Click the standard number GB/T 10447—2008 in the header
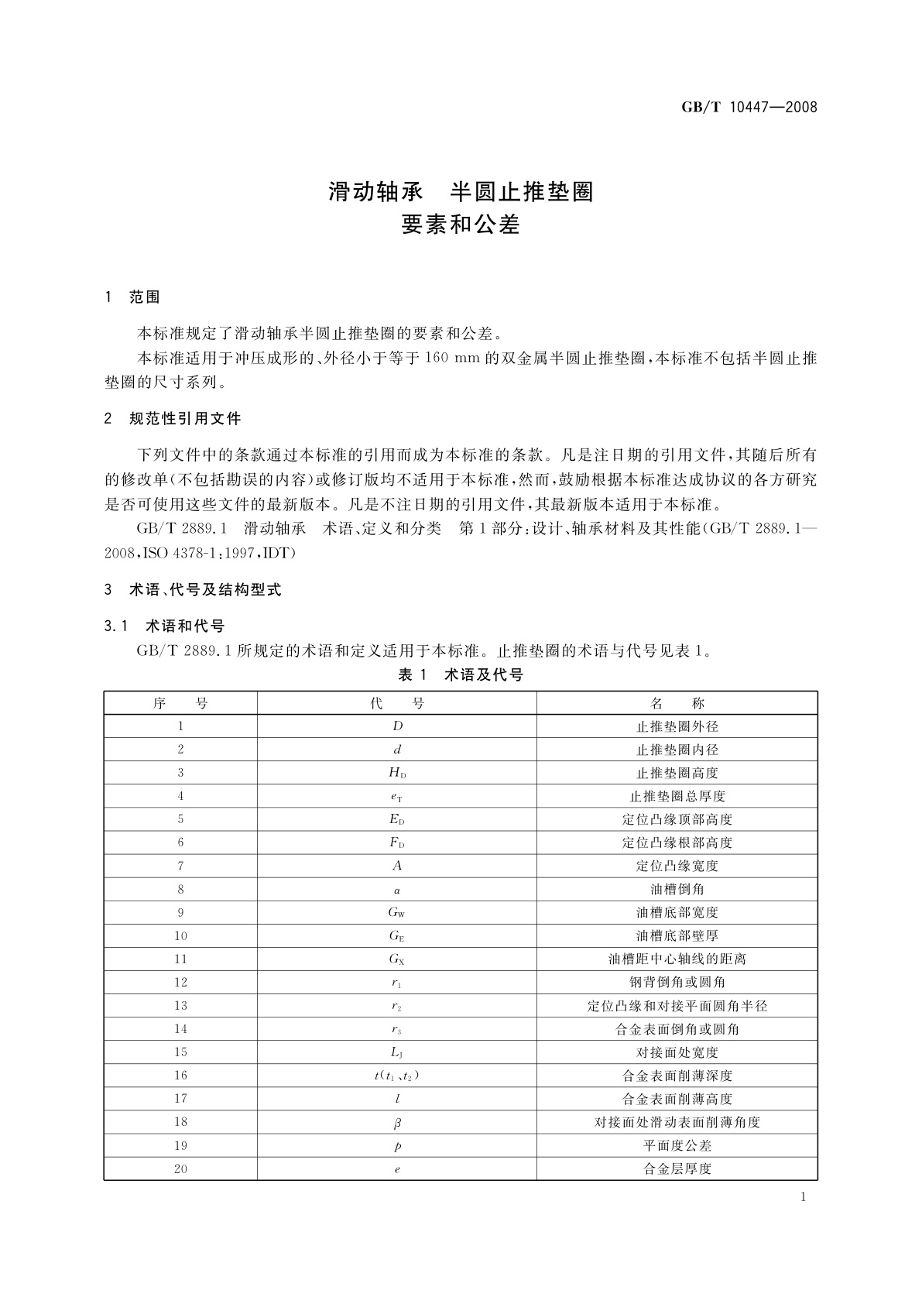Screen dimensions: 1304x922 point(749,108)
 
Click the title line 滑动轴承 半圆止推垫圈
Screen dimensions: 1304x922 point(461,191)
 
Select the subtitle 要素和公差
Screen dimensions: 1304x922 point(461,225)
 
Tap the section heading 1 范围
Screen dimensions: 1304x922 point(132,297)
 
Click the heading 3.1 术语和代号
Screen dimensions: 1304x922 point(164,626)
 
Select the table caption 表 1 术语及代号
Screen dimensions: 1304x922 point(461,675)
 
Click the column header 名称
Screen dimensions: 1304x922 point(677,703)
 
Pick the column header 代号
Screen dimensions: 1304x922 point(396,703)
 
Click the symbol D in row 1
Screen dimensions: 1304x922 point(397,726)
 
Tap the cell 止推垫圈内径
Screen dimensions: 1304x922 point(677,750)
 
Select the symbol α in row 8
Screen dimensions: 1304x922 point(397,890)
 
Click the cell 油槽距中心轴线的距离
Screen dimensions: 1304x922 point(677,959)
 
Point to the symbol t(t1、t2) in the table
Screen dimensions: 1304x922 point(397,1076)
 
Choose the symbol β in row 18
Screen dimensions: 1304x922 point(397,1123)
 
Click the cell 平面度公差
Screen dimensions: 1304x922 point(677,1146)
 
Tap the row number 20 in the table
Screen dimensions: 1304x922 point(180,1169)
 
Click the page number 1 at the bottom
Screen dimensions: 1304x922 point(803,1198)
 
